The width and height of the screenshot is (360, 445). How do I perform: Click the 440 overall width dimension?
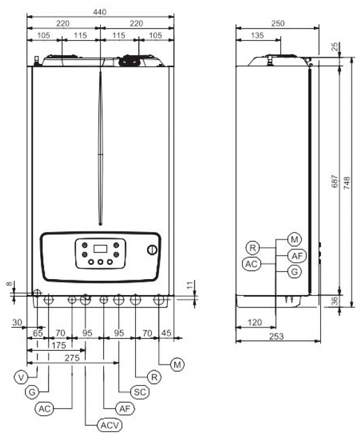pos(100,12)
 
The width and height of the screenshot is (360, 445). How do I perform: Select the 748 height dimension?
pos(347,183)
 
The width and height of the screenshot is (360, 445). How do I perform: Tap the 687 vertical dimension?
pos(334,181)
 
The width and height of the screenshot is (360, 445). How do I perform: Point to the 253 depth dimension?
pos(276,337)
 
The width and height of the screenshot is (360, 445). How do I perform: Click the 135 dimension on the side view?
pos(257,35)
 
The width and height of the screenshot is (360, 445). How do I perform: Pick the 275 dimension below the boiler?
pos(72,358)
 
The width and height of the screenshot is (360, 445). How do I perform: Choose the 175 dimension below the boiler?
pos(59,345)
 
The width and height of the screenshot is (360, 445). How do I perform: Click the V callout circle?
pos(21,377)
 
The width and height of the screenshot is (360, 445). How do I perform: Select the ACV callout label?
pos(110,425)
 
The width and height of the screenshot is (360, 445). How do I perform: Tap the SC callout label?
pos(140,392)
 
